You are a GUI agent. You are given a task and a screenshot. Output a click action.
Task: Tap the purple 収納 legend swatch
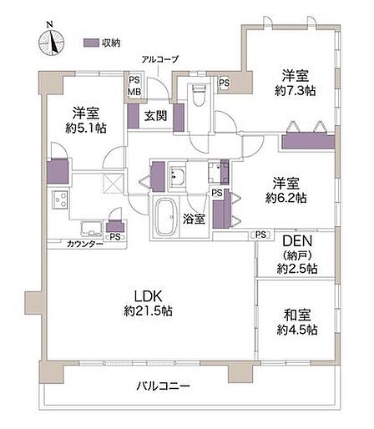(x=91, y=43)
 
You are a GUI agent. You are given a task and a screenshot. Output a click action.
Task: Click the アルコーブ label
(x=159, y=59)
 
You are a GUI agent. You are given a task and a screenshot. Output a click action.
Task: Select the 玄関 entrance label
(x=156, y=116)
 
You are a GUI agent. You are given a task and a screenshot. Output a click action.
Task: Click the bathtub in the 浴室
(x=165, y=217)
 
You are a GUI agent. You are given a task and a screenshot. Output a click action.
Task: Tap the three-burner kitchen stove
(x=59, y=199)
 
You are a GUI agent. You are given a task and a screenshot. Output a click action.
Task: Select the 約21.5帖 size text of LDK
(x=148, y=310)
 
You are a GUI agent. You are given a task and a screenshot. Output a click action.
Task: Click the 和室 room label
(x=297, y=315)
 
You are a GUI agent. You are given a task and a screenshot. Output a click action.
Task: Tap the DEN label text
(x=297, y=241)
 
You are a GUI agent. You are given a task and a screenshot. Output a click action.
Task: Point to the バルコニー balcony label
(x=163, y=386)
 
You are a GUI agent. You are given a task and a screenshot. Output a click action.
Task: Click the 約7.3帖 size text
(x=295, y=90)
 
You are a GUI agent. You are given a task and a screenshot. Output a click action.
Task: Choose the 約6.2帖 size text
(x=286, y=198)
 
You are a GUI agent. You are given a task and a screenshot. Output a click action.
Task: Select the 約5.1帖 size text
(x=86, y=128)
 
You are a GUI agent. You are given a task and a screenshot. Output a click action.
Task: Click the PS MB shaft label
(x=134, y=86)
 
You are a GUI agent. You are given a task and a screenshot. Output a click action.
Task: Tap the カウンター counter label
(x=85, y=245)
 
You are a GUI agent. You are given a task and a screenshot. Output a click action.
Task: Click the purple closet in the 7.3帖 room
(x=308, y=142)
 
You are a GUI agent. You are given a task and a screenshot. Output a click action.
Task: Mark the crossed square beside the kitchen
(x=113, y=183)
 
